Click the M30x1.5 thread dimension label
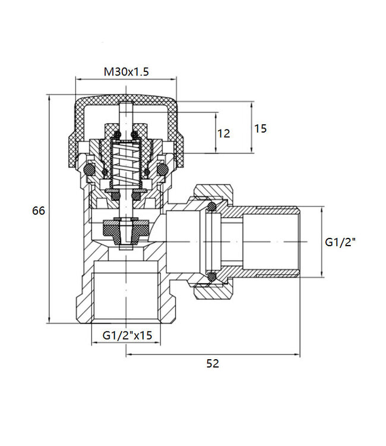[x=126, y=72]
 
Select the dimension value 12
[x=223, y=133]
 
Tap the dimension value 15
[x=260, y=128]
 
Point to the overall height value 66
[x=39, y=211]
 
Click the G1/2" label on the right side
[x=341, y=242]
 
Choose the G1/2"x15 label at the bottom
[x=128, y=335]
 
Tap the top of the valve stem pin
[x=126, y=106]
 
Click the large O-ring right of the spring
[x=161, y=171]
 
